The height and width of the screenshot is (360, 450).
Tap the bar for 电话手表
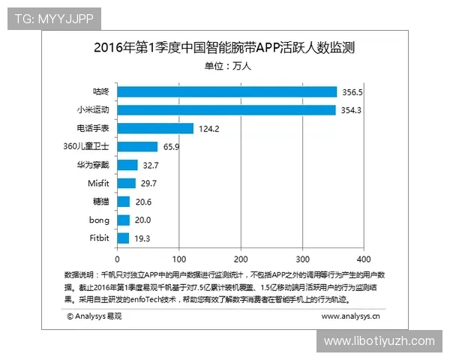pos(154,128)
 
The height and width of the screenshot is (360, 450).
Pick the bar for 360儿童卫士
pos(136,147)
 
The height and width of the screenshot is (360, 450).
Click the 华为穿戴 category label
pos(94,165)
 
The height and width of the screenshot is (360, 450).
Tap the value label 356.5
pos(353,92)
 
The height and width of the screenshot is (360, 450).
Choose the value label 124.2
pos(209,129)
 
